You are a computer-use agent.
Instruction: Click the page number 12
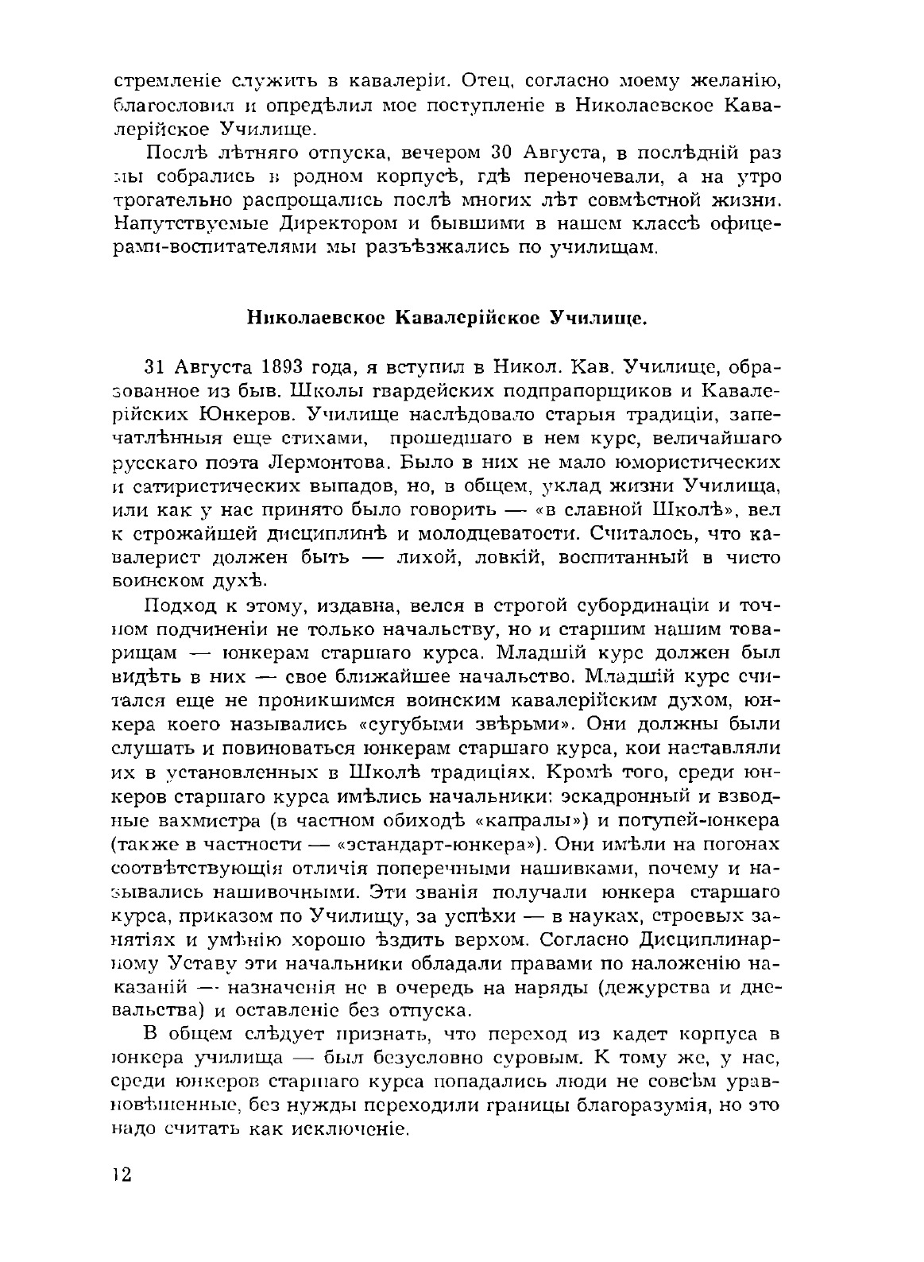[122, 1175]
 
